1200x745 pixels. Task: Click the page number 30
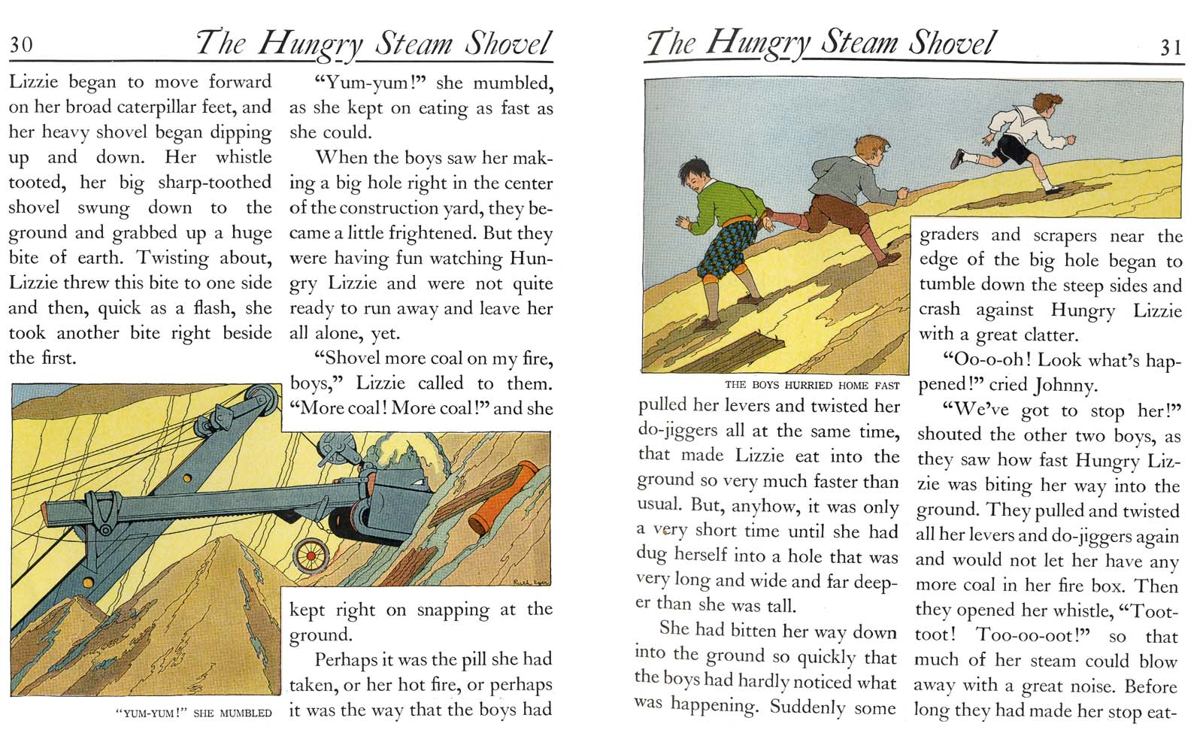tap(21, 44)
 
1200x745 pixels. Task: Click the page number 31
tap(1171, 47)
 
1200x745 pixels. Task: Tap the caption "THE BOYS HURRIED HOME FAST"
tap(811, 385)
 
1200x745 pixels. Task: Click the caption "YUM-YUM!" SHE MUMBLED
tap(194, 713)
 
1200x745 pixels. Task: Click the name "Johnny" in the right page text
tap(1065, 385)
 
